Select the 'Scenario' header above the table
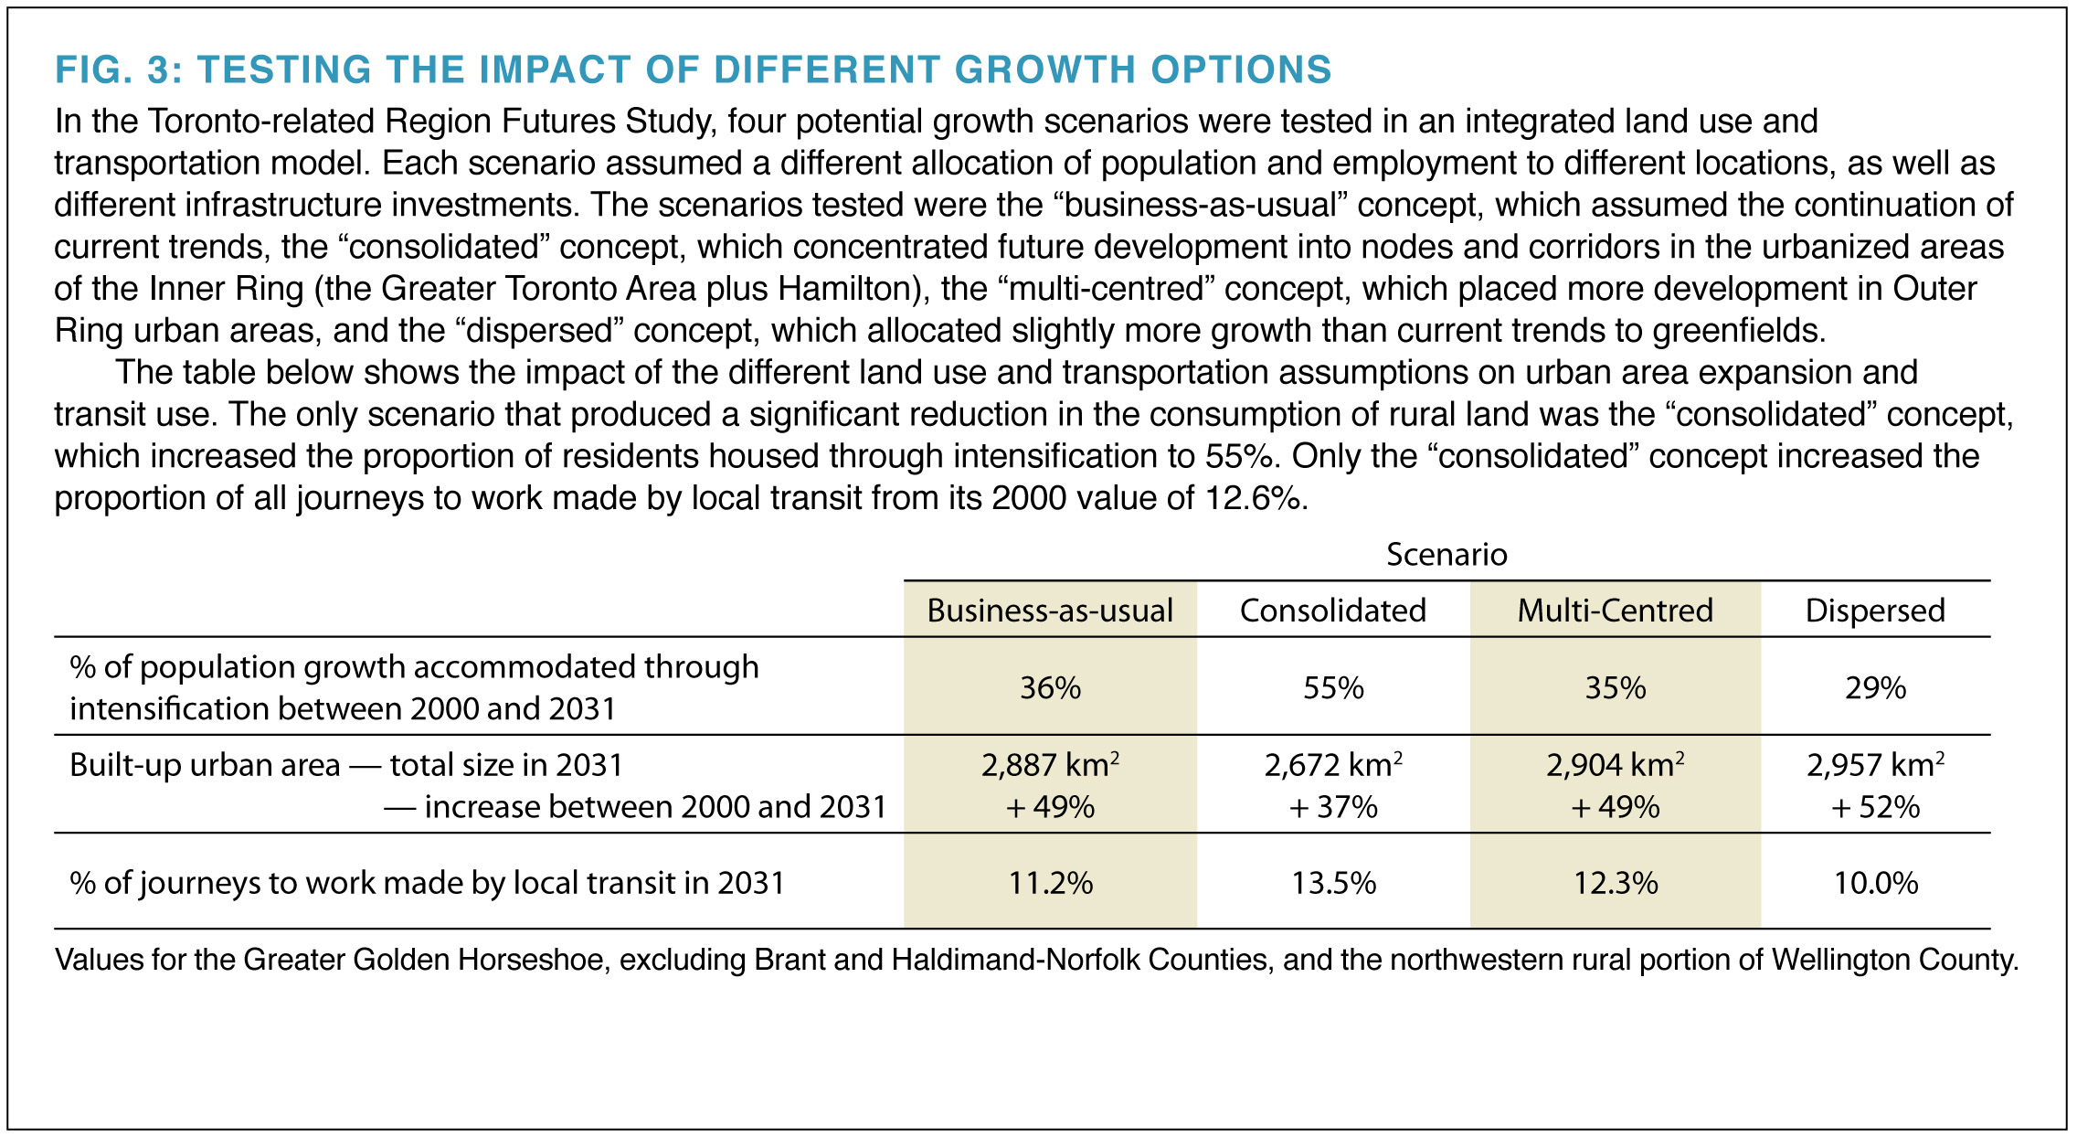[x=1446, y=555]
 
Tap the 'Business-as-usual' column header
[x=1050, y=611]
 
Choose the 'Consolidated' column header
[x=1332, y=611]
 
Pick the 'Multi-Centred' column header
[x=1615, y=611]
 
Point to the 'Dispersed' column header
[x=1875, y=611]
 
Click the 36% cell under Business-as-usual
[x=1050, y=687]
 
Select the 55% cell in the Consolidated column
[x=1333, y=687]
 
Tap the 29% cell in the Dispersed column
[x=1875, y=687]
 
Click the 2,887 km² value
[x=1050, y=765]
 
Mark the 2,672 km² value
[x=1333, y=765]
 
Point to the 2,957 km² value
[x=1875, y=765]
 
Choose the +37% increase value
[x=1333, y=807]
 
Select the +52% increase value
[x=1875, y=807]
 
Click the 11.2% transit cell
[x=1050, y=883]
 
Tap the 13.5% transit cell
[x=1333, y=883]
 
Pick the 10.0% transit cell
[x=1875, y=883]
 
